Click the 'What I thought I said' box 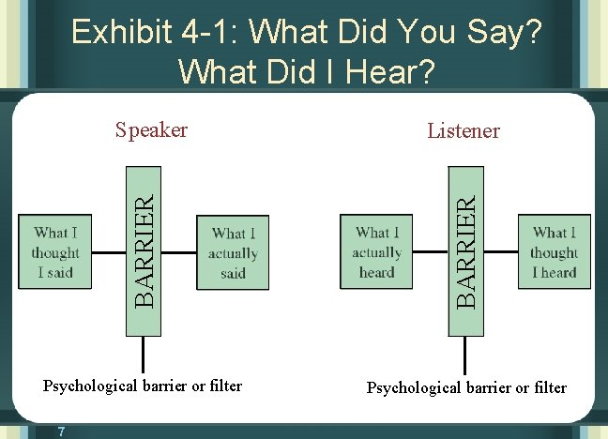[55, 252]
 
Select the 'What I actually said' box [233, 252]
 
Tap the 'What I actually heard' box [376, 252]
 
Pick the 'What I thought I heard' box [554, 251]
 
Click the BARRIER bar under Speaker [144, 250]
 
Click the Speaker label [151, 129]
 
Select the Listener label [464, 130]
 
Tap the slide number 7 [60, 431]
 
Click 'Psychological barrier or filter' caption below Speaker [143, 386]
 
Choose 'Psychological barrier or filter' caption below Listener [466, 386]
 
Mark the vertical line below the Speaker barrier [144, 355]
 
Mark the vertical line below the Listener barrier [464, 356]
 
